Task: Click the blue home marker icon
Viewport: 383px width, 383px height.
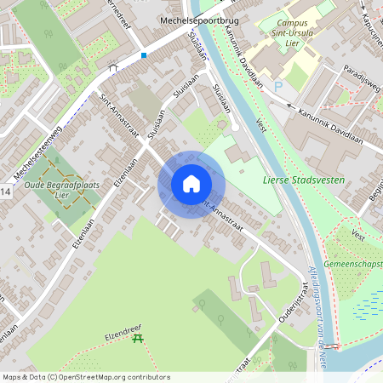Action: [x=191, y=184]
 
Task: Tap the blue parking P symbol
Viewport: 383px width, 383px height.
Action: [x=277, y=86]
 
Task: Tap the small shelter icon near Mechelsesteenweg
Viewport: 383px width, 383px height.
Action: [x=113, y=66]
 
